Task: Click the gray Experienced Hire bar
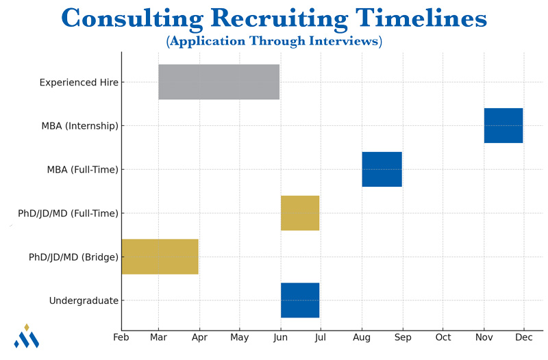click(219, 82)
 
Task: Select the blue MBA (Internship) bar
click(503, 125)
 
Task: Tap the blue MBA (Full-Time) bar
click(382, 169)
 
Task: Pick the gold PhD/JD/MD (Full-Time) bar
click(300, 213)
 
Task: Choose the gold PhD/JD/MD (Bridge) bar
click(160, 257)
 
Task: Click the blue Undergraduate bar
click(300, 300)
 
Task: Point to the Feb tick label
click(121, 337)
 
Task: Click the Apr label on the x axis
click(199, 337)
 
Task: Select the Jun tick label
click(280, 337)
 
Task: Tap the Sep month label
click(403, 337)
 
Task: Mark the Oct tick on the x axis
click(443, 337)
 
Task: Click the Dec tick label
click(524, 337)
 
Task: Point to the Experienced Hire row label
click(79, 82)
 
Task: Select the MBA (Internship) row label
click(79, 126)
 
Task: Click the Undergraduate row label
click(84, 300)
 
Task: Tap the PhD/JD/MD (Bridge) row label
click(73, 257)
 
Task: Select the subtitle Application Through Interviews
click(274, 41)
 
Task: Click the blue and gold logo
click(27, 336)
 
